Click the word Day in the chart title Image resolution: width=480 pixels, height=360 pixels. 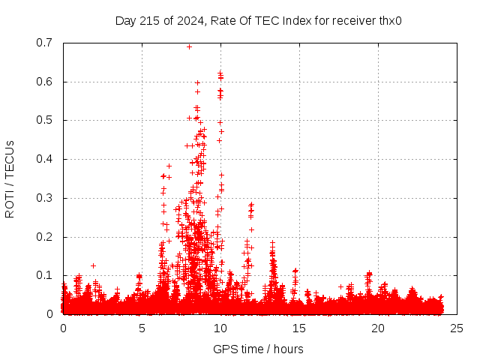[125, 20]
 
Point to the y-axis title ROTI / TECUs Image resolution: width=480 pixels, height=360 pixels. [10, 178]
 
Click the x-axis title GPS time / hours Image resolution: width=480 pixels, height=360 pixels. [258, 349]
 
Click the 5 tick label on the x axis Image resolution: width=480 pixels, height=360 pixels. [142, 328]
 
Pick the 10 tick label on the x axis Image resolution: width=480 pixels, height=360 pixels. [220, 328]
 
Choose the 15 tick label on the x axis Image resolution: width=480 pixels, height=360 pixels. [299, 328]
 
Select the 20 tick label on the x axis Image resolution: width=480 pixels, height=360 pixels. [378, 328]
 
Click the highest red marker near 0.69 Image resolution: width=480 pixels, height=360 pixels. [189, 46]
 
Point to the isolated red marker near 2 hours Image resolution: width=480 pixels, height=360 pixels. [94, 265]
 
